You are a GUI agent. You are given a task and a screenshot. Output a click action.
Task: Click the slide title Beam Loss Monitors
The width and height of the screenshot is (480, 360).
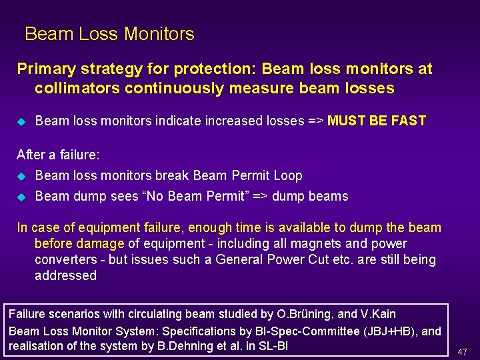[x=109, y=34]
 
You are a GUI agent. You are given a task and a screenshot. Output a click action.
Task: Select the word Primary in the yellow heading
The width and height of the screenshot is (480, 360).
[x=42, y=69]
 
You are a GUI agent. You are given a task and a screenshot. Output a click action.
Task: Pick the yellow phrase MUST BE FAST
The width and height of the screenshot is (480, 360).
[x=377, y=121]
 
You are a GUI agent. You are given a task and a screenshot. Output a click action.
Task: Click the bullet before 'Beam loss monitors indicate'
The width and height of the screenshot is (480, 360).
[x=21, y=122]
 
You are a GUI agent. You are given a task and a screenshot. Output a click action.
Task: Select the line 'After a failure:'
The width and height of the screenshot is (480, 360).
[x=58, y=155]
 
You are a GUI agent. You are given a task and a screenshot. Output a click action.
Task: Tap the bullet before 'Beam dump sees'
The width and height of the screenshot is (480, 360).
[x=21, y=197]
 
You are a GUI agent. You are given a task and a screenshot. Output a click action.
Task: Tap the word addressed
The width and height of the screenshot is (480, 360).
[x=65, y=276]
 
